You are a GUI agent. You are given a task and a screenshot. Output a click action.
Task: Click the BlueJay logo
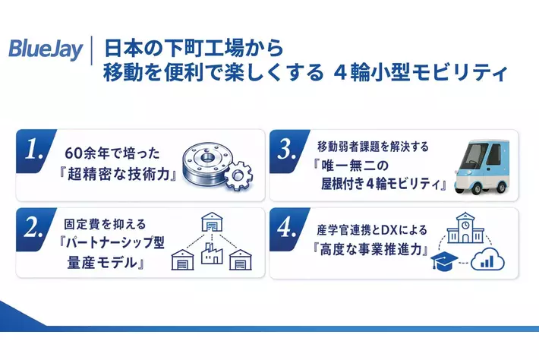click(46, 50)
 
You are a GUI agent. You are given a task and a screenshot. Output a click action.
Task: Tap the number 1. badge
click(34, 150)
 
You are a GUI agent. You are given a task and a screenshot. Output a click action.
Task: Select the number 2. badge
click(34, 229)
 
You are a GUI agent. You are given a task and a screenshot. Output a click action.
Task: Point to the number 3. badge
click(288, 150)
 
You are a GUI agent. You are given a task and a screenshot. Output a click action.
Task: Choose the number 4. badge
click(288, 229)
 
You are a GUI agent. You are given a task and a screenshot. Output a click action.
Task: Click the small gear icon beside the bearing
click(238, 176)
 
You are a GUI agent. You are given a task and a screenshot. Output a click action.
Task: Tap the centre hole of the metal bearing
click(207, 159)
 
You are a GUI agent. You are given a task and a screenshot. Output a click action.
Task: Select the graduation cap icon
click(444, 261)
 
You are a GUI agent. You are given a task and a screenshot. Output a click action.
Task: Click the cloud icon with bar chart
click(488, 261)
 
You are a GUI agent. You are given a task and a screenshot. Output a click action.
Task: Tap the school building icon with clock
click(465, 228)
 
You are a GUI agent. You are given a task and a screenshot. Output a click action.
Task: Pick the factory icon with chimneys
click(212, 253)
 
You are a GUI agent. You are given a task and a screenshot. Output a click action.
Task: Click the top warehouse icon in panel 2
click(212, 222)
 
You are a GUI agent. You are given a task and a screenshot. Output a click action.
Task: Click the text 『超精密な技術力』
click(118, 175)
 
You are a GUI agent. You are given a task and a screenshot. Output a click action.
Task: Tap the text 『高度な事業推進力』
click(371, 249)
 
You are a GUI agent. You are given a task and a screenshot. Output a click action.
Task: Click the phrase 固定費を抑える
click(105, 224)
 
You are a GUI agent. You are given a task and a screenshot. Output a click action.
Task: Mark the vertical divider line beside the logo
click(92, 50)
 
